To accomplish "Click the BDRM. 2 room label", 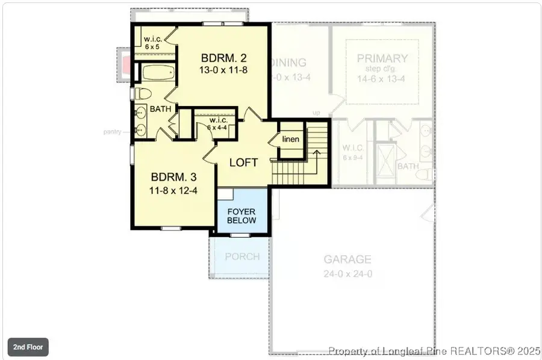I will tap(224, 58).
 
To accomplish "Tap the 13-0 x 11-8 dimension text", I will tap(224, 70).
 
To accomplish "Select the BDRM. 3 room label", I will tap(173, 178).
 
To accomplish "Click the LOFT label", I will tap(243, 163).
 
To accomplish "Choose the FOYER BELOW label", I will tap(241, 216).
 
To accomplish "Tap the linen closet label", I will tap(291, 140).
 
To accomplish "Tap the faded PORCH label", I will tap(242, 256).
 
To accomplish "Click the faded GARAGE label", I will tap(347, 259).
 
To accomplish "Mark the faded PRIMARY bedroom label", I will tap(382, 58).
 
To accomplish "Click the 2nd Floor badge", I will tap(28, 347).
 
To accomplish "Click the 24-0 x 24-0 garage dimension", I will tap(347, 273).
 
